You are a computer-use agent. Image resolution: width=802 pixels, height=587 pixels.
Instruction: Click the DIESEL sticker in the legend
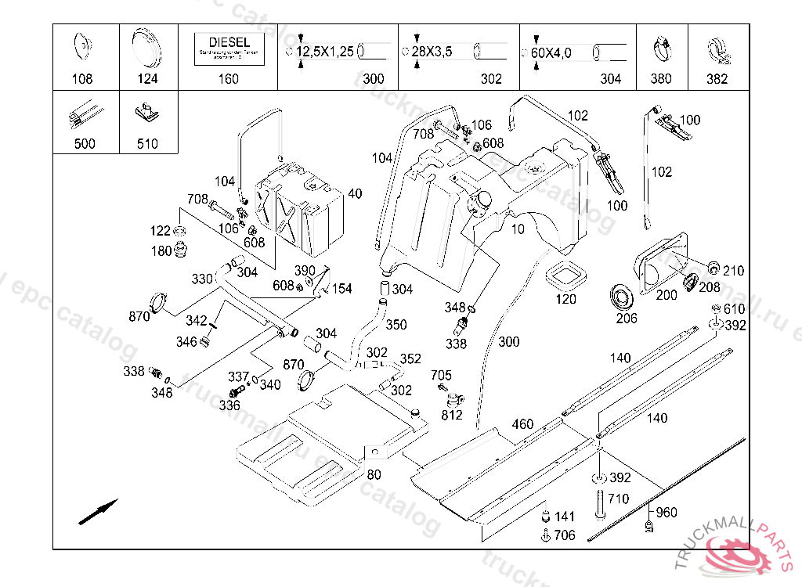tap(229, 47)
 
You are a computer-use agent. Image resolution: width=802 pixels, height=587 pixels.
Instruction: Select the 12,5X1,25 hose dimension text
tap(324, 52)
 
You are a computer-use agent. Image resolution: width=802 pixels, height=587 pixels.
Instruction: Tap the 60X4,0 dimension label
tap(551, 52)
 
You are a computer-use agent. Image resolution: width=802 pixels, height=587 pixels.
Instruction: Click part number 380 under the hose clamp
tap(661, 78)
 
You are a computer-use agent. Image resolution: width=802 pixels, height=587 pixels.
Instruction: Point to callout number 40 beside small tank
tap(355, 193)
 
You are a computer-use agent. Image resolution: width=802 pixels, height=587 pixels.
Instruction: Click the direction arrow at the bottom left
tap(98, 512)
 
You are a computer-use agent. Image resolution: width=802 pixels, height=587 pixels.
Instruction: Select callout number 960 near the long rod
tap(666, 513)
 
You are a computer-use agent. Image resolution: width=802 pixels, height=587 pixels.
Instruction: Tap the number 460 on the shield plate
tap(522, 424)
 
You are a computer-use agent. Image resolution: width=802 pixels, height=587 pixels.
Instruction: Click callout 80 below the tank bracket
tap(374, 474)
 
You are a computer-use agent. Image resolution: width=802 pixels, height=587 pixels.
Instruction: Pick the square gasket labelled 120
tap(565, 275)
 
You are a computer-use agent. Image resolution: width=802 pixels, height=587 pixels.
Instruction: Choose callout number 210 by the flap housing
tap(733, 271)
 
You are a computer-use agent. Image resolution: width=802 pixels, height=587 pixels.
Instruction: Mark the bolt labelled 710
tap(599, 505)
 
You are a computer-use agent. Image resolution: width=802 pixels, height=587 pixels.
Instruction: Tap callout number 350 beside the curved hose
tap(396, 324)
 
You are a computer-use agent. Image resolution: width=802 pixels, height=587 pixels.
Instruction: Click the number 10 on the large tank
tap(518, 229)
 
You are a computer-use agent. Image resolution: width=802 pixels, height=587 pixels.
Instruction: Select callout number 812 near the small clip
tap(452, 415)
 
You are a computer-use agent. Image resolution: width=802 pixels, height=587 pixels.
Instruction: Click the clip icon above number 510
tap(146, 114)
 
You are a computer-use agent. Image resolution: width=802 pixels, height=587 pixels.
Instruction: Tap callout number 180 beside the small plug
tap(160, 251)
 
